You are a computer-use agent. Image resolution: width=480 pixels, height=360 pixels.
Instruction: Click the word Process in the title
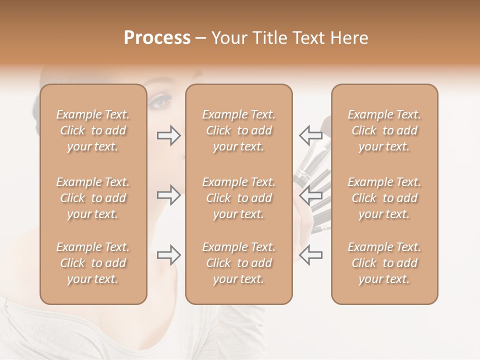(157, 38)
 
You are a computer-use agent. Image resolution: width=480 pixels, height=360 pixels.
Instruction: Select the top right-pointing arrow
(169, 135)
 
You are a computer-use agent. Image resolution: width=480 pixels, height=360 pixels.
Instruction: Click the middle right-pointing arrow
(169, 195)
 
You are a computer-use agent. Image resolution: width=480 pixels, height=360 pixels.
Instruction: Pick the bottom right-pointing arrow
(169, 255)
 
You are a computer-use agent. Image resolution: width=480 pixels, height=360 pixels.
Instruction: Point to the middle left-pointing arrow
(310, 195)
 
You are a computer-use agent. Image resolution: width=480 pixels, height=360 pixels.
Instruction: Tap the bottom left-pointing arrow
(310, 255)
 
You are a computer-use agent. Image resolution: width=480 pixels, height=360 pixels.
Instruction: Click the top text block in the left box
(93, 130)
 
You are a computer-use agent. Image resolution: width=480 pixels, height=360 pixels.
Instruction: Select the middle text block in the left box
(93, 198)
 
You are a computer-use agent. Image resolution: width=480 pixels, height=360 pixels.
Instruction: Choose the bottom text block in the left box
(93, 263)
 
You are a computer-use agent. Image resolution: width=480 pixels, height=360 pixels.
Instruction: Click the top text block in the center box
(239, 130)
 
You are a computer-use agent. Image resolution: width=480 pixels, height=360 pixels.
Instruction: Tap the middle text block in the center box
(239, 198)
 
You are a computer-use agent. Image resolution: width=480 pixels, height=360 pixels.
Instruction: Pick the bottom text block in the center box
(239, 263)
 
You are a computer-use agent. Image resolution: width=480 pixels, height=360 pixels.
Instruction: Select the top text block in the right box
(384, 130)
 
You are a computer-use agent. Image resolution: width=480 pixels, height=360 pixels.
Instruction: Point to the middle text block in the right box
(384, 198)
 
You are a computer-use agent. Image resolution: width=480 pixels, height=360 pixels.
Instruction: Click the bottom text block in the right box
(384, 263)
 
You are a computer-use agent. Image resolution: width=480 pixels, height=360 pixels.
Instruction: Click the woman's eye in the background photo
(160, 102)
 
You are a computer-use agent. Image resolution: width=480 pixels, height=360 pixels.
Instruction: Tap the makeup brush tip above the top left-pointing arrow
(325, 121)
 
